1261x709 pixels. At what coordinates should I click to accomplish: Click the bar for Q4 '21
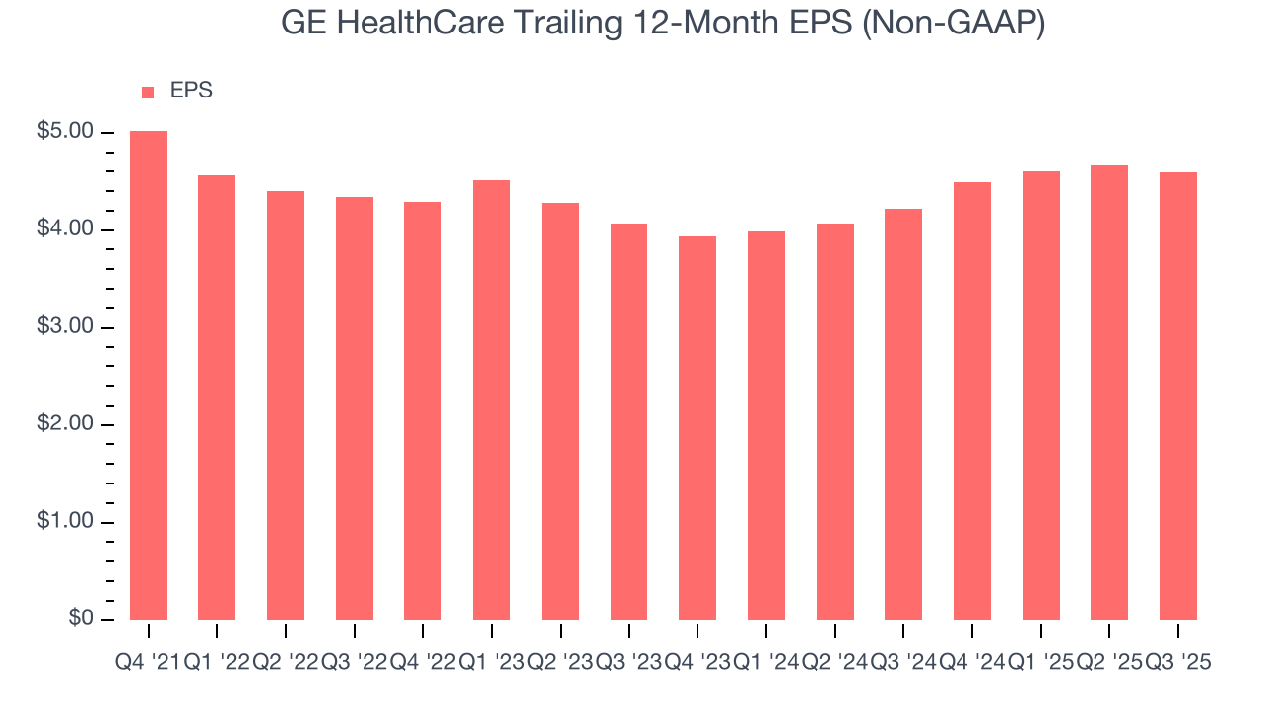149,375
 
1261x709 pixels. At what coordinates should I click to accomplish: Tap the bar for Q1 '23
492,400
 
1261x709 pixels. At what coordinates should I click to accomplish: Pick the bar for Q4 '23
697,428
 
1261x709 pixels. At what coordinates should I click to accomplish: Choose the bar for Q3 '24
903,415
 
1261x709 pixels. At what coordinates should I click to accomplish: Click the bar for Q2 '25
1109,393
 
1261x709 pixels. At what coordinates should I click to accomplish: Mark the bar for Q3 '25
1178,396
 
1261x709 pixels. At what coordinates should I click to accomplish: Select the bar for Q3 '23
629,421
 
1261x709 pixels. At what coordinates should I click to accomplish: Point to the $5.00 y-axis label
65,132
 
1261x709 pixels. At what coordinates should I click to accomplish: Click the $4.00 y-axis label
65,229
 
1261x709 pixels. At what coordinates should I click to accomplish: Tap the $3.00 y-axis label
65,327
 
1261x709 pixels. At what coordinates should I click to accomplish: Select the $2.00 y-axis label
65,424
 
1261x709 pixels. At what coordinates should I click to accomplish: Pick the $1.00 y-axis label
65,522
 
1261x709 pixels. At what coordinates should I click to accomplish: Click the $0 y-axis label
81,618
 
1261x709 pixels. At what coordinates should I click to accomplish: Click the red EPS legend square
148,92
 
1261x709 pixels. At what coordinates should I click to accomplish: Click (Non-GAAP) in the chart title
954,24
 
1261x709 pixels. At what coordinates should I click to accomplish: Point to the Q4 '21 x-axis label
148,663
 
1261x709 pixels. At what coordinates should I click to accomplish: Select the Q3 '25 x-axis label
1178,663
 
